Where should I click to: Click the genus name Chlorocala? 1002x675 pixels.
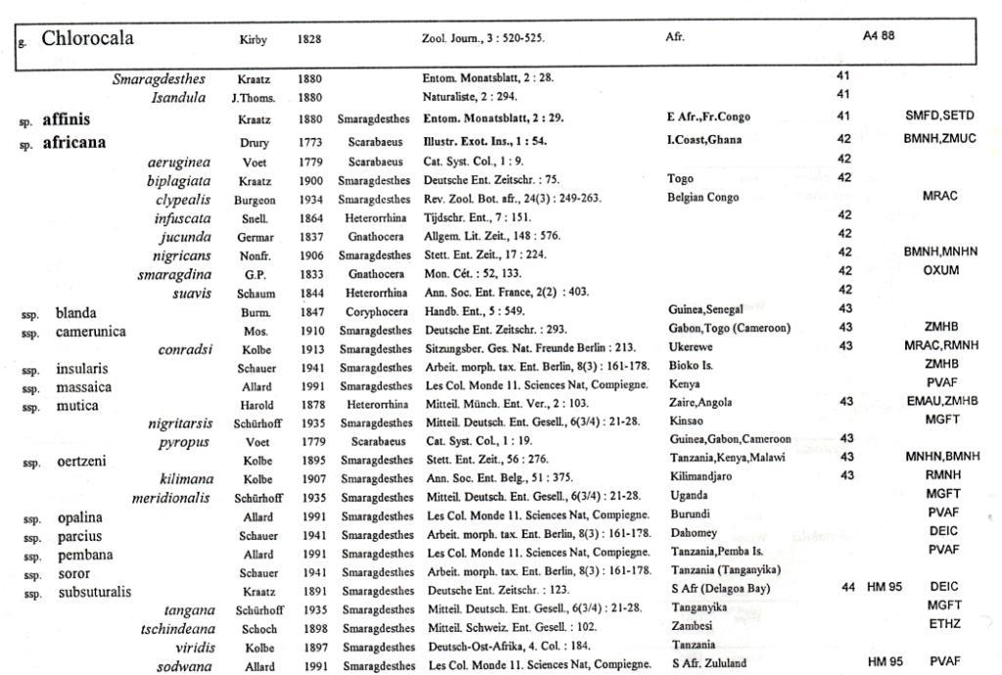tap(87, 39)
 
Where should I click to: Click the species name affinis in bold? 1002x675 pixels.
tap(66, 120)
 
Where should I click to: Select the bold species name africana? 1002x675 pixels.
tap(73, 142)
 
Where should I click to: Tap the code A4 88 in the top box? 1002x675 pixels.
tap(878, 36)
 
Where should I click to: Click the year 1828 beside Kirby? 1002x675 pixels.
tap(309, 40)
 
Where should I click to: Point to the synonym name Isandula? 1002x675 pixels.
tap(178, 97)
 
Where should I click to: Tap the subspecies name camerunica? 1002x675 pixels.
tap(90, 332)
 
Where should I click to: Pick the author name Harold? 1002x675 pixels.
tap(255, 403)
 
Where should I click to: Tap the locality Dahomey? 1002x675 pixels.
tap(692, 533)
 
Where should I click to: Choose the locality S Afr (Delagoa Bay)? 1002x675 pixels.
tap(721, 589)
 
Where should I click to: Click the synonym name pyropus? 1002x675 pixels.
tap(185, 442)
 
